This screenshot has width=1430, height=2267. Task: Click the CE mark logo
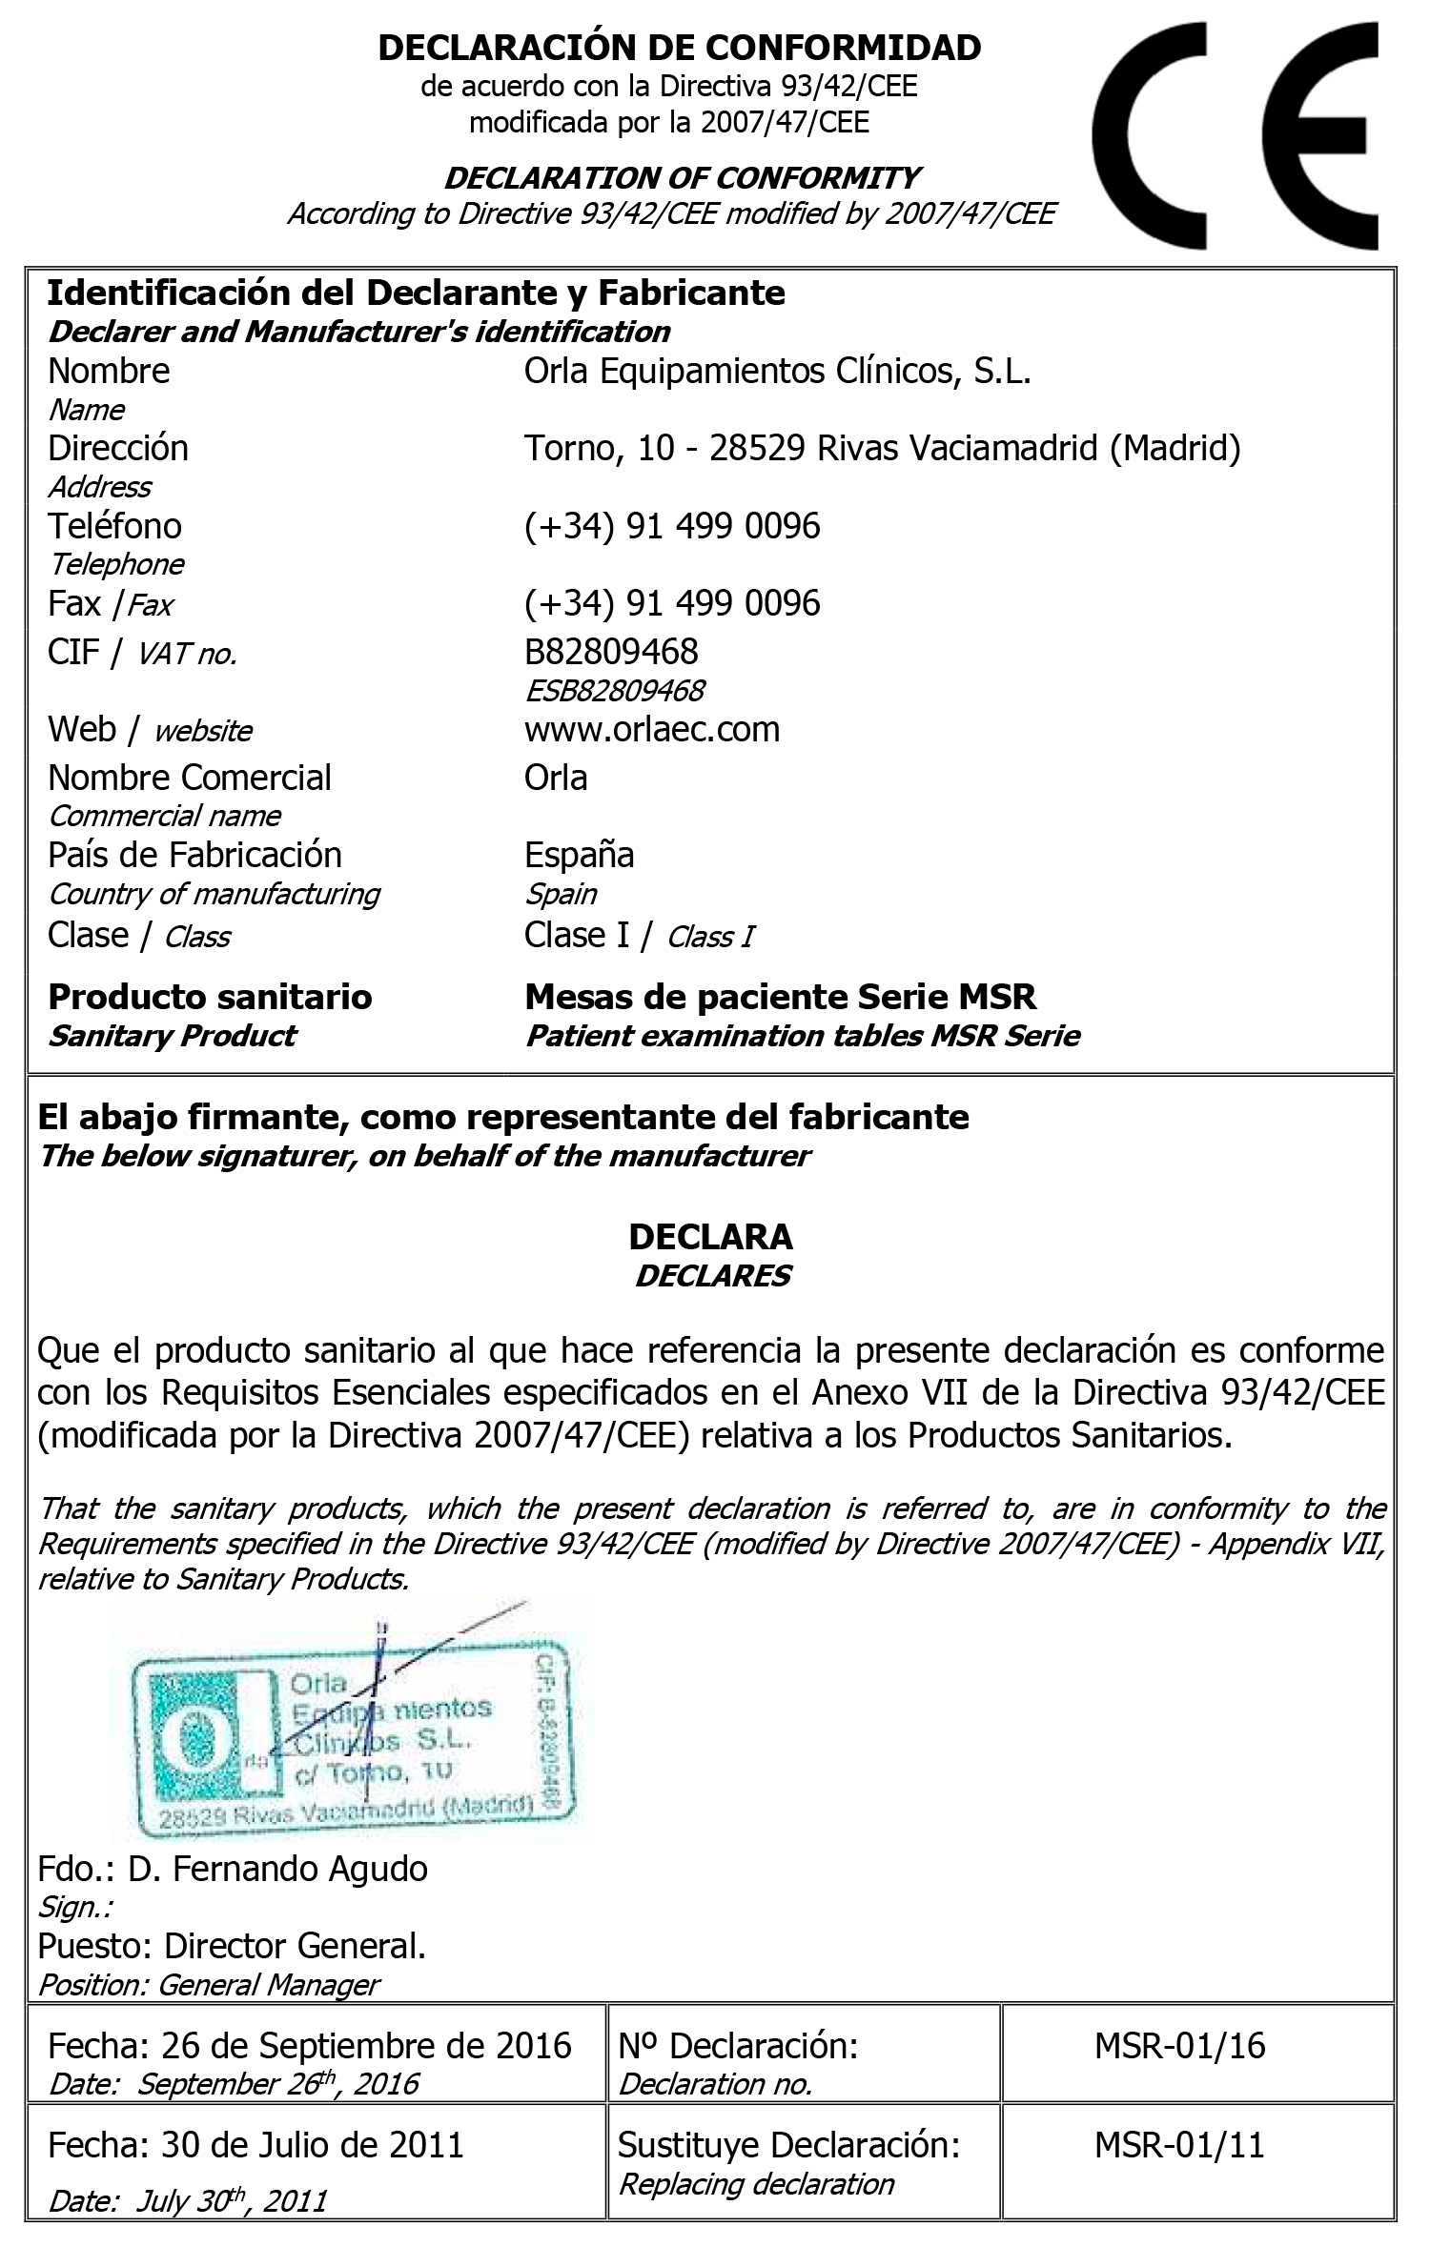point(1236,135)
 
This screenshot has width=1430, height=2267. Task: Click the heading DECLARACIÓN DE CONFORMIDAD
point(680,47)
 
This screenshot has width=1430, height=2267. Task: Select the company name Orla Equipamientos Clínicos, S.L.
point(777,371)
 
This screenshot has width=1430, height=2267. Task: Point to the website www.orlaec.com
point(652,729)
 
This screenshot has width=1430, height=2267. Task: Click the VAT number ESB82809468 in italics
point(615,690)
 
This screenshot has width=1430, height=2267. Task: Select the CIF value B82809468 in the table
point(611,652)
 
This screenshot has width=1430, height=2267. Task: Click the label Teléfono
point(114,526)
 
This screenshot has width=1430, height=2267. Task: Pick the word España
point(579,855)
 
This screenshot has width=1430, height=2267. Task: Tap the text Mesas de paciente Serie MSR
point(780,997)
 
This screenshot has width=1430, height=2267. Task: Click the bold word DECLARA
point(710,1236)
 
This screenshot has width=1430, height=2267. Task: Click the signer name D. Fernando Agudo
point(277,1869)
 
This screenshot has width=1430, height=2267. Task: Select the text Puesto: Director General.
point(232,1945)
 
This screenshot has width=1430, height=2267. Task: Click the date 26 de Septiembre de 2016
point(366,2046)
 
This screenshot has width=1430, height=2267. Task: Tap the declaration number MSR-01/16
point(1179,2046)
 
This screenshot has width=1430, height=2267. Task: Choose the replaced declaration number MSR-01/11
point(1179,2145)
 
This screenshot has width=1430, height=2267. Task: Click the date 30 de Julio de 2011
point(312,2145)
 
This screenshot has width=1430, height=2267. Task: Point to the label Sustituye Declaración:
point(788,2145)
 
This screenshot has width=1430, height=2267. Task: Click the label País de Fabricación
point(194,855)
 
